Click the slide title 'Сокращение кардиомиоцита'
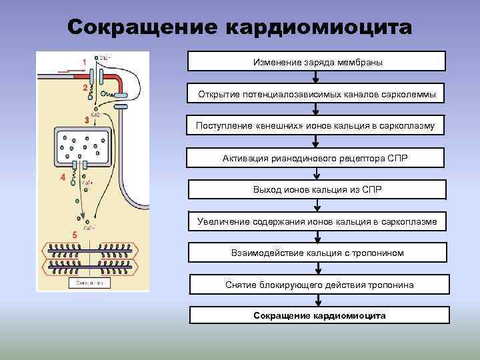240,27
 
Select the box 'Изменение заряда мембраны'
317,62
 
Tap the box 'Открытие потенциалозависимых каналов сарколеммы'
317,94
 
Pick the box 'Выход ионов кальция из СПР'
317,190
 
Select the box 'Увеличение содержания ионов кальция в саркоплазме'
317,221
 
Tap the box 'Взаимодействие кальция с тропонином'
317,253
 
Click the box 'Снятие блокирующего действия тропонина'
319,285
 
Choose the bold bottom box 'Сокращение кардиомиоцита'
319,315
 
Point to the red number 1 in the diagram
85,62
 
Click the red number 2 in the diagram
85,88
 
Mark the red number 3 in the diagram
87,121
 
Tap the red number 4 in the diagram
63,178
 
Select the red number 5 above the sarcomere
75,235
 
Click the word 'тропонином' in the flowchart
381,253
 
